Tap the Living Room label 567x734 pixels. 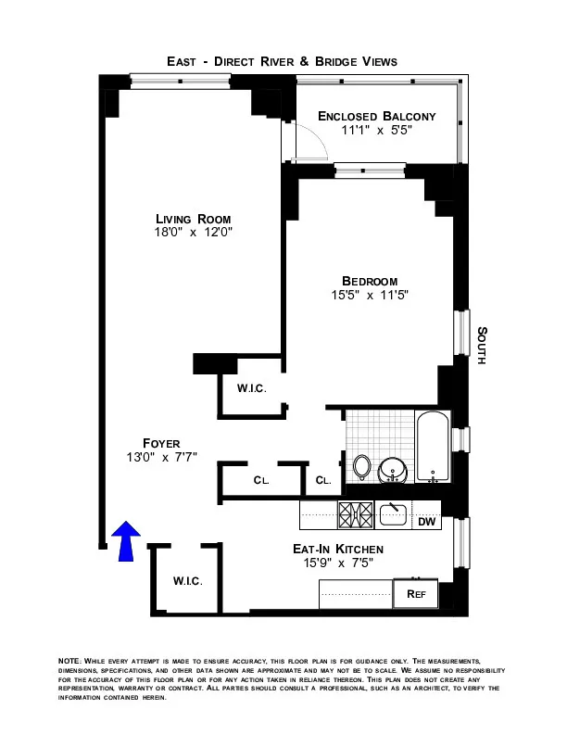[194, 219]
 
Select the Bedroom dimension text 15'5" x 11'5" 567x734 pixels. [370, 296]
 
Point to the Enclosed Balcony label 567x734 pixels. [376, 116]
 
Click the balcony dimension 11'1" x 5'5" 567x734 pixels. [376, 131]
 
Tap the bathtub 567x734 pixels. [432, 449]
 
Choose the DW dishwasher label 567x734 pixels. [426, 523]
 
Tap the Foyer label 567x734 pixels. [161, 443]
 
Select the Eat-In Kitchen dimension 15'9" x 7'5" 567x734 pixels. [337, 563]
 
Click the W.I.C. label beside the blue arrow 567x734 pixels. [187, 580]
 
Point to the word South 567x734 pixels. [481, 345]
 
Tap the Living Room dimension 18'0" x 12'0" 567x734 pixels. [194, 233]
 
